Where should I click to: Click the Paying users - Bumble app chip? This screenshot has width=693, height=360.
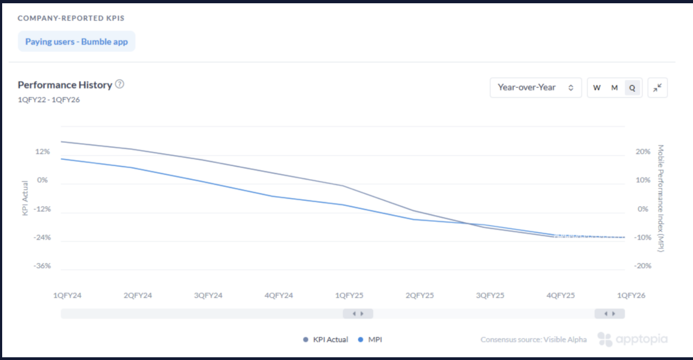coord(77,42)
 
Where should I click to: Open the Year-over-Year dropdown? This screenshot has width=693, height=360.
coord(536,87)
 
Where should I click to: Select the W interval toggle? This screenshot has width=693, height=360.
coord(597,87)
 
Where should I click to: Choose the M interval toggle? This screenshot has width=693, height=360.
coord(614,87)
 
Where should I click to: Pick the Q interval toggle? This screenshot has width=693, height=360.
coord(632,87)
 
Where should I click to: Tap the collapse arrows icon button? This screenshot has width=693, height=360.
coord(658,87)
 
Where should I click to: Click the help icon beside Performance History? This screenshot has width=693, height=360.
coord(120,84)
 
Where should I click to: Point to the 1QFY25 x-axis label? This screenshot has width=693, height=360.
coord(349,295)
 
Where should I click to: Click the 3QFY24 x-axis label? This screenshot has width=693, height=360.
coord(208,295)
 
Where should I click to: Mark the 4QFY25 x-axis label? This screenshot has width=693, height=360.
coord(561,295)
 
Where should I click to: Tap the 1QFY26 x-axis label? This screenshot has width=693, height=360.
coord(631,295)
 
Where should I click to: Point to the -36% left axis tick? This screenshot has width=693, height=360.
coord(42,266)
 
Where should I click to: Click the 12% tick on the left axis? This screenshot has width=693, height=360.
coord(43,151)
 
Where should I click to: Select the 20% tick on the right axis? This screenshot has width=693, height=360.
coord(643,151)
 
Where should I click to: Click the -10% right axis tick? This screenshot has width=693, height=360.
coord(643,237)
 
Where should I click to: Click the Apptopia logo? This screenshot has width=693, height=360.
coord(633,339)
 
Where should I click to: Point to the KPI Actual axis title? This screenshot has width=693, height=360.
coord(25,198)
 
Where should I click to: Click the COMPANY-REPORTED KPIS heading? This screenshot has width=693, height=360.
coord(71,18)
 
